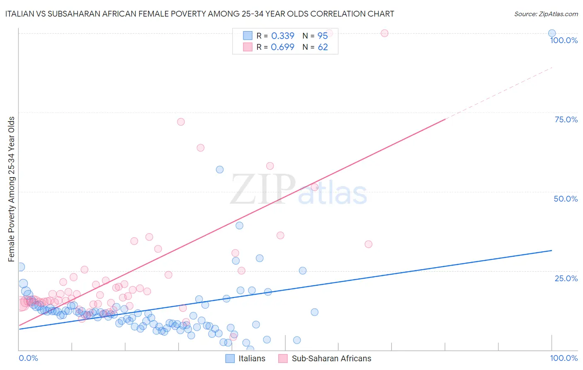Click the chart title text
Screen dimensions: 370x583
point(199,14)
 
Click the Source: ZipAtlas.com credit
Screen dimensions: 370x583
point(546,14)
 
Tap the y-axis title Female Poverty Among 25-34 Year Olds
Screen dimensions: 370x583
point(12,189)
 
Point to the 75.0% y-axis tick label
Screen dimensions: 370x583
point(566,119)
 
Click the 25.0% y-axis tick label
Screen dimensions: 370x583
point(566,278)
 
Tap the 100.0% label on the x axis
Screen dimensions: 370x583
point(564,358)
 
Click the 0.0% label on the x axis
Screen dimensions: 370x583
point(28,358)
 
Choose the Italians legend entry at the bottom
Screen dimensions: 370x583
point(245,358)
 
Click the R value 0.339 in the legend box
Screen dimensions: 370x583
point(282,36)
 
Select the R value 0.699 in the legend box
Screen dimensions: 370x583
point(282,47)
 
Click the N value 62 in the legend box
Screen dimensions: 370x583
point(323,47)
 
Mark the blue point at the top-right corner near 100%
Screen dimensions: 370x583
point(552,33)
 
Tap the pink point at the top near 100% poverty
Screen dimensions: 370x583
point(384,33)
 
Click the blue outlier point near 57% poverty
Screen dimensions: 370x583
point(220,170)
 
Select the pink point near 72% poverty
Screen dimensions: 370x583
point(181,122)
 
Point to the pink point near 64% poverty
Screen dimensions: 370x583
point(200,148)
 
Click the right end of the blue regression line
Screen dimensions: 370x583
point(551,251)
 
